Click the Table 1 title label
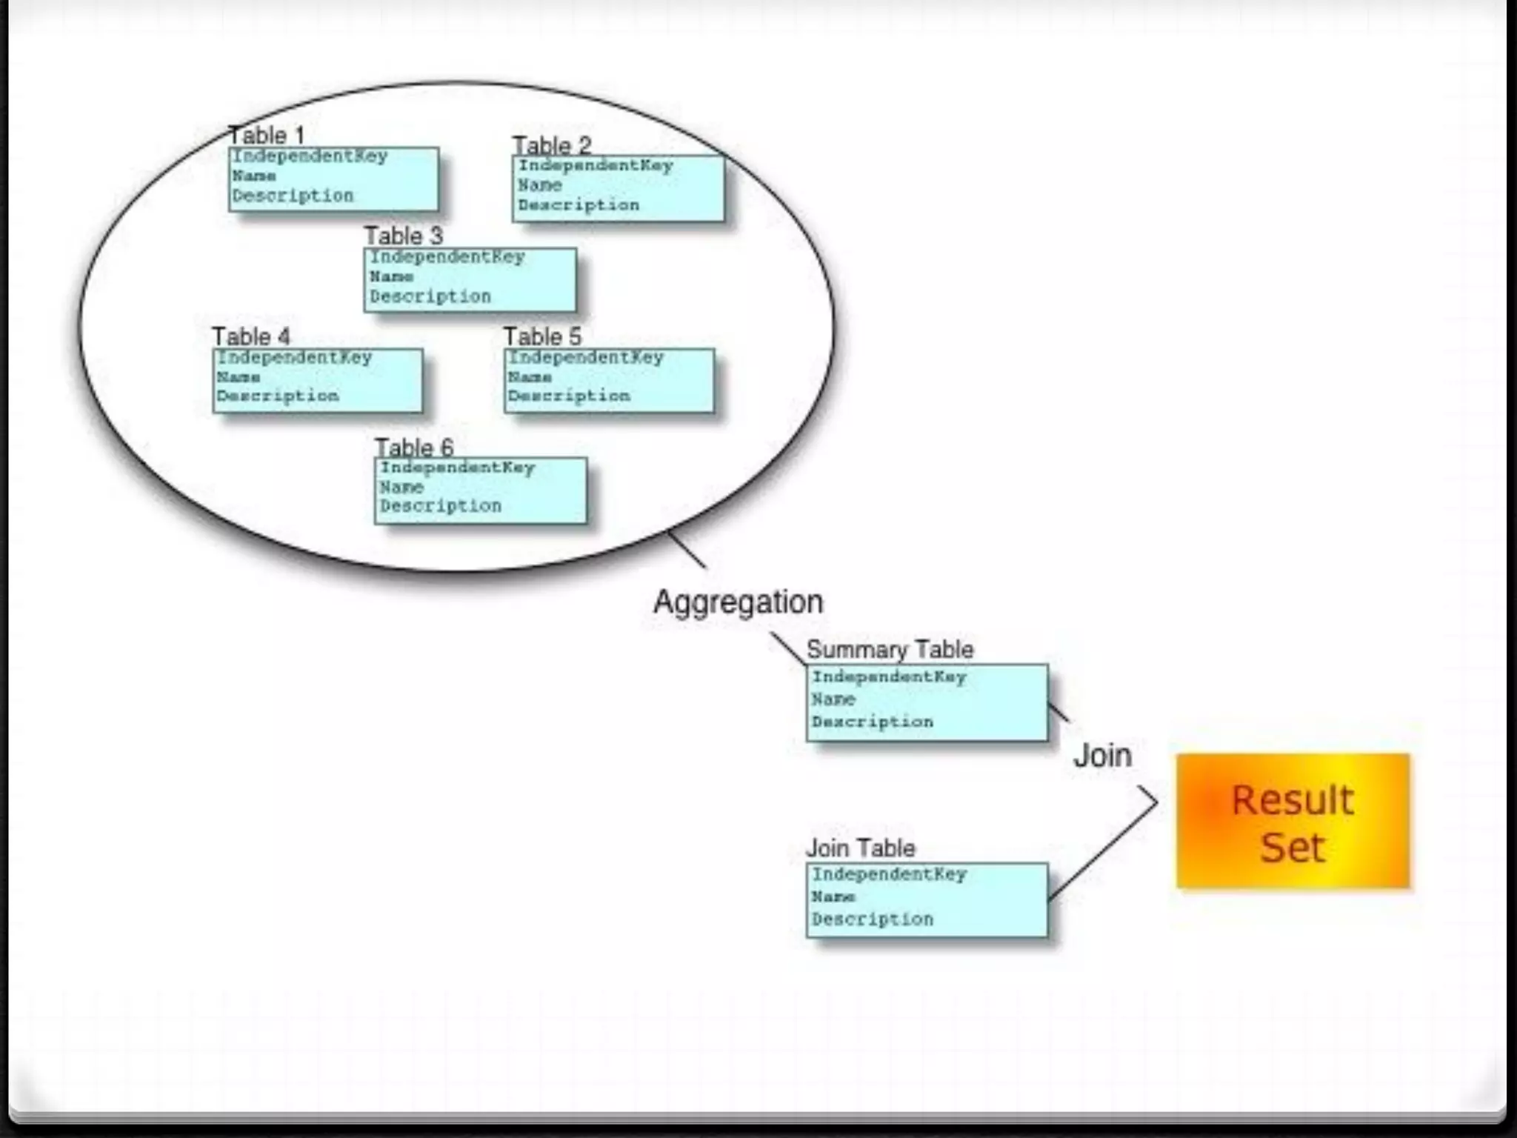[x=267, y=136]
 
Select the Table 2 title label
[x=552, y=145]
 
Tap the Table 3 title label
[x=404, y=236]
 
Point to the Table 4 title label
[x=251, y=336]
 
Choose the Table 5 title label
[x=543, y=336]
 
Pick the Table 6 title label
[x=414, y=447]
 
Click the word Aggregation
[x=738, y=602]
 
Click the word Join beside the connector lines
[x=1103, y=756]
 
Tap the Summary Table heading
[x=890, y=650]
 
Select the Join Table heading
[x=861, y=848]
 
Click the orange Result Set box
[x=1293, y=821]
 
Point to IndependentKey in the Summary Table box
[x=889, y=677]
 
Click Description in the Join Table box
[x=873, y=919]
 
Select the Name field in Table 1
[x=254, y=176]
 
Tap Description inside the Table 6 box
[x=441, y=506]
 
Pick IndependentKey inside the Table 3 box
[x=447, y=257]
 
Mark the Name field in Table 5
[x=530, y=377]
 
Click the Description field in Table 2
[x=579, y=205]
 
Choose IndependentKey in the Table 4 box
[x=294, y=358]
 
